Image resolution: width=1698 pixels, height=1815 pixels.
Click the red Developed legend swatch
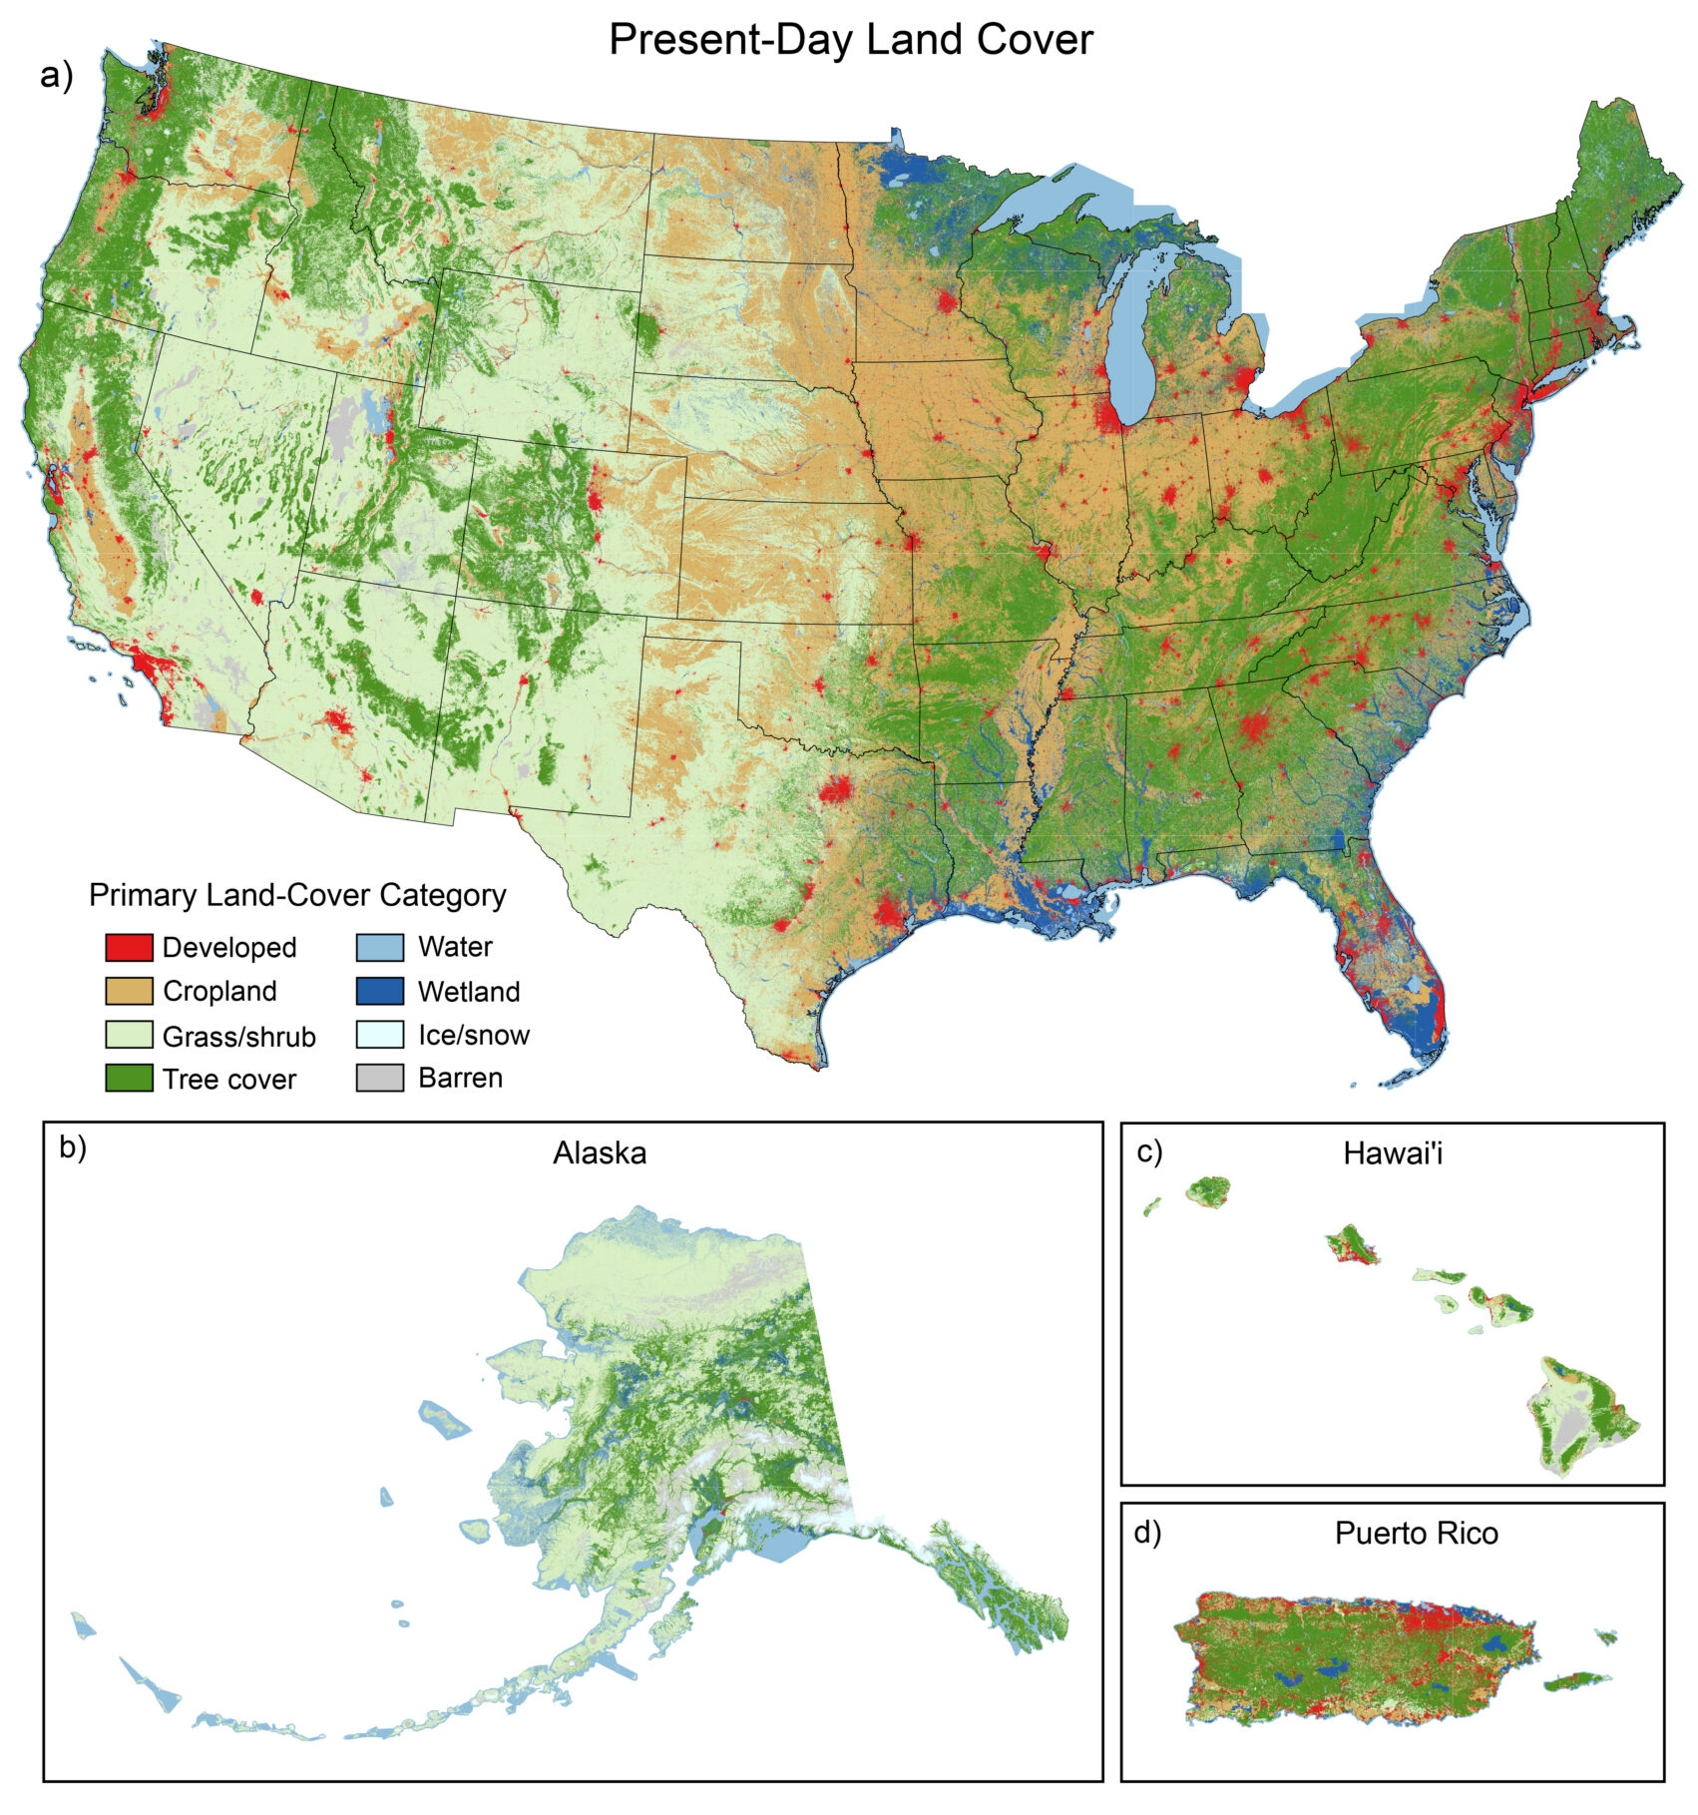[x=129, y=947]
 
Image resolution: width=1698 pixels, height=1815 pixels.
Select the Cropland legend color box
[x=129, y=991]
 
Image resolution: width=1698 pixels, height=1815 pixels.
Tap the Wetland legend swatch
[x=379, y=991]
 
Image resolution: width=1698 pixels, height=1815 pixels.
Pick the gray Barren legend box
[x=379, y=1078]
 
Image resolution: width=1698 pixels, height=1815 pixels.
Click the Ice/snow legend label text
[x=473, y=1035]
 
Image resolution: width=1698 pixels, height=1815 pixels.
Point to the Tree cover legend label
[x=228, y=1079]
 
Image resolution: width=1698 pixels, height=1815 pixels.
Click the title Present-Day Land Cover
[x=850, y=40]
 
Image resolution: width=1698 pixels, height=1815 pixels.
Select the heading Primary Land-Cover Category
[x=297, y=895]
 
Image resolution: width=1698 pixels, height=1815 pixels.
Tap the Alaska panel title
[x=600, y=1153]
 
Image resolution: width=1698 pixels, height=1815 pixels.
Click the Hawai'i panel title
[x=1393, y=1153]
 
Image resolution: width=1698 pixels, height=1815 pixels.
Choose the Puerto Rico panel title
[x=1416, y=1533]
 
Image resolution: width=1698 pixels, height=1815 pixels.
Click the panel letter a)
[x=57, y=76]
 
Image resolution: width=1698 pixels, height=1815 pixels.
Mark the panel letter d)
[x=1147, y=1533]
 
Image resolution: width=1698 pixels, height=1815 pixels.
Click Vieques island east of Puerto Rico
[x=1576, y=1681]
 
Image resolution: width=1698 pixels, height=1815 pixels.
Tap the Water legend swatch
[x=379, y=947]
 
